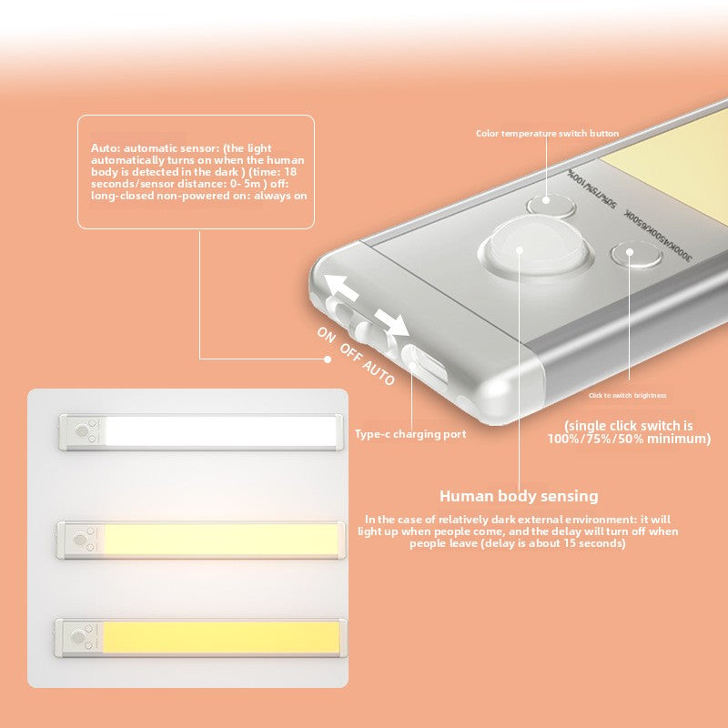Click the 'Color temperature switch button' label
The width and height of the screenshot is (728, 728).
(x=547, y=134)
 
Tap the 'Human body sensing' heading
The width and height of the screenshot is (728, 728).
(x=519, y=496)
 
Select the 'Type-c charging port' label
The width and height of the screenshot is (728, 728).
(x=410, y=434)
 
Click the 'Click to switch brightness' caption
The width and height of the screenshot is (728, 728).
(x=627, y=395)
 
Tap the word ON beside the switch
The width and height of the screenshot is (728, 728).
(x=327, y=334)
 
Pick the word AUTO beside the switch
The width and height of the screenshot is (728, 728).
(x=379, y=370)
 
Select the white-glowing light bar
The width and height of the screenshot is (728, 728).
(x=202, y=431)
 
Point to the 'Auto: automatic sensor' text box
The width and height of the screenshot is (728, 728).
(x=196, y=172)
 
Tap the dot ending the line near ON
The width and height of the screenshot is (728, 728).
(x=329, y=359)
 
